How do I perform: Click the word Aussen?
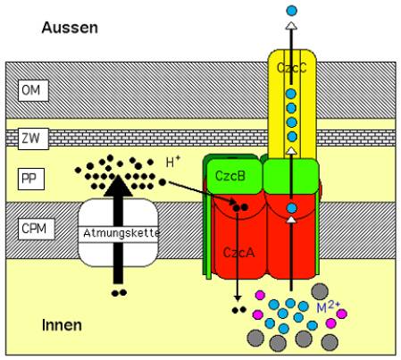click(x=70, y=28)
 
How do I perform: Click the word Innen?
click(x=62, y=325)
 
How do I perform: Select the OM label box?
click(x=33, y=90)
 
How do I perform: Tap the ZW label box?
click(x=33, y=138)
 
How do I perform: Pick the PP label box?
click(x=31, y=179)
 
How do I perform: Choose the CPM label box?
click(x=37, y=229)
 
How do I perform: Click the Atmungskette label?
click(x=121, y=233)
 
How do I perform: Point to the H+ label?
click(x=173, y=162)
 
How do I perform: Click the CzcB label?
click(x=230, y=176)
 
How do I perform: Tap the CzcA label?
click(x=238, y=253)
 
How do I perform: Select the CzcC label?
click(x=291, y=68)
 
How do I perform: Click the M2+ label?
click(x=328, y=306)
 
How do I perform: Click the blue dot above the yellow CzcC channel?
click(x=291, y=11)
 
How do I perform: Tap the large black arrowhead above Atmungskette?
click(x=118, y=186)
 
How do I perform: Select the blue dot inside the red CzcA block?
click(x=292, y=208)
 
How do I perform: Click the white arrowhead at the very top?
click(x=291, y=26)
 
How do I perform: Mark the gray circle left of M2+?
click(x=320, y=291)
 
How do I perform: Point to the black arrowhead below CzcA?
click(x=238, y=298)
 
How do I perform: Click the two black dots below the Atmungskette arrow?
click(x=119, y=293)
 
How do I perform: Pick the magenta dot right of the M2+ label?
click(x=341, y=314)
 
